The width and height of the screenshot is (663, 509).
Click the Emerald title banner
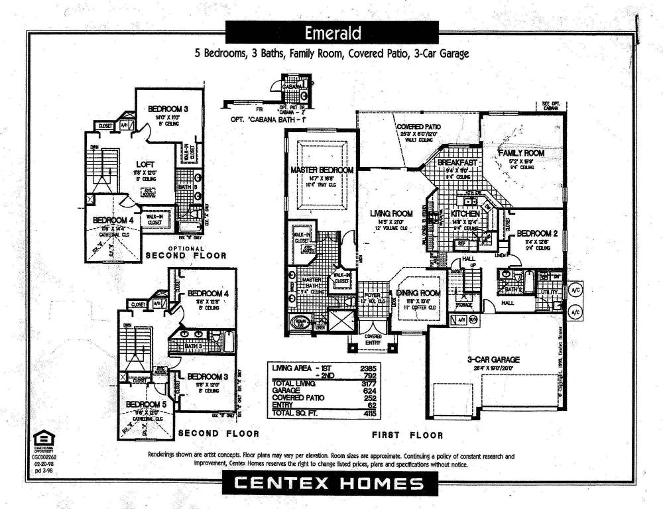click(332, 32)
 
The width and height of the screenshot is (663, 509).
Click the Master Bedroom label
click(322, 170)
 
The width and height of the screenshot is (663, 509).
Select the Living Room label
click(391, 213)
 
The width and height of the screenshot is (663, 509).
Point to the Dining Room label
click(418, 293)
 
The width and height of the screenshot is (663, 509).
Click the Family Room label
click(521, 152)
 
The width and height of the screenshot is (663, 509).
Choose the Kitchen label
click(465, 215)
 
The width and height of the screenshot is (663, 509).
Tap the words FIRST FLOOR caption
click(408, 435)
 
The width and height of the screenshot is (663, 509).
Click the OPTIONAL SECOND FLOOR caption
click(186, 252)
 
